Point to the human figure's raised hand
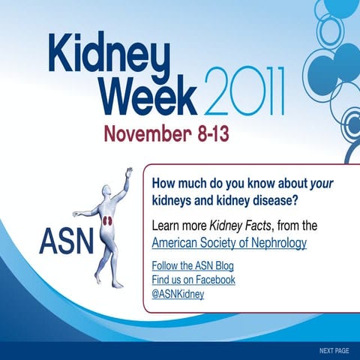(130, 171)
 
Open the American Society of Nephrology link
(229, 243)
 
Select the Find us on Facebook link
(193, 280)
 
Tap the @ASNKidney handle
(178, 293)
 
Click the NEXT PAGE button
(334, 350)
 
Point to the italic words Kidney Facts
(241, 225)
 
